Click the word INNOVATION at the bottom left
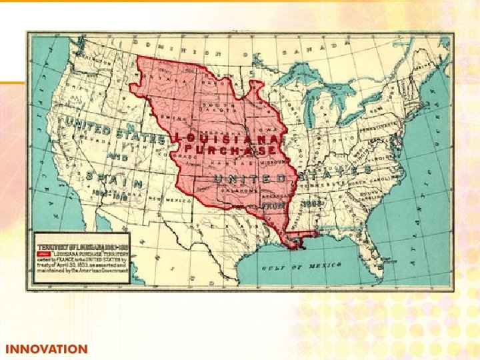46,349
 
